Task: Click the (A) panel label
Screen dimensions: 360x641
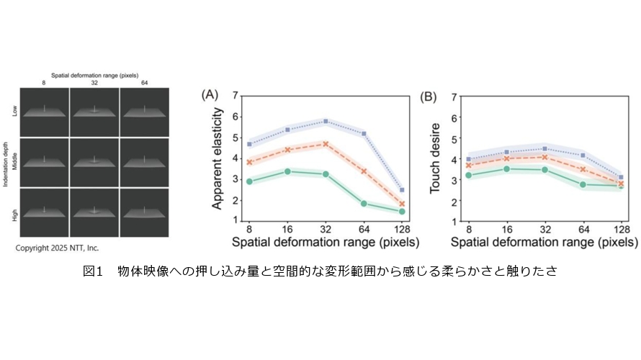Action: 210,94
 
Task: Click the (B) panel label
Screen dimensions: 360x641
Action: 428,94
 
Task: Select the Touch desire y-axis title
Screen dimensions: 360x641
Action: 435,159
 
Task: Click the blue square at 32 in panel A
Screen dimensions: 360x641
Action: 326,122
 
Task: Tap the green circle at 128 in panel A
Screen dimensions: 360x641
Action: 402,212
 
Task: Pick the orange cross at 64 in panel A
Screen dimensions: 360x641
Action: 364,171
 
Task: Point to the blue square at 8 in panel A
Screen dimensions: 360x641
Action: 249,144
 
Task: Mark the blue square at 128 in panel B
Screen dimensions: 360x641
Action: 621,177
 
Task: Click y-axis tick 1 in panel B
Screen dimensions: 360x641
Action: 454,220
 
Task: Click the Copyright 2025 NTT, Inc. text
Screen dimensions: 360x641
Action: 58,248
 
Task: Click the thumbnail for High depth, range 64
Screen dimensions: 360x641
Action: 145,212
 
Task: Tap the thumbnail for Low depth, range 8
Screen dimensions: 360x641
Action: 45,112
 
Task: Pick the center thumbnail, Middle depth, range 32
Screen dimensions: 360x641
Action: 94,162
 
